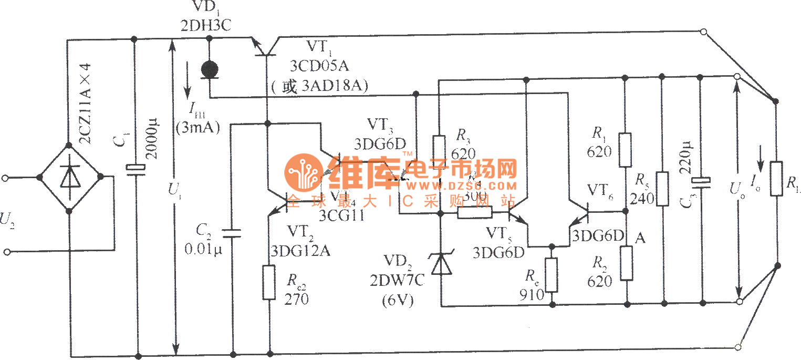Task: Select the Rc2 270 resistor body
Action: point(269,283)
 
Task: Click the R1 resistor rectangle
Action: point(625,150)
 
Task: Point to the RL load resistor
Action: point(776,179)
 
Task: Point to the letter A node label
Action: point(640,239)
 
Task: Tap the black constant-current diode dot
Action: point(210,69)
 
